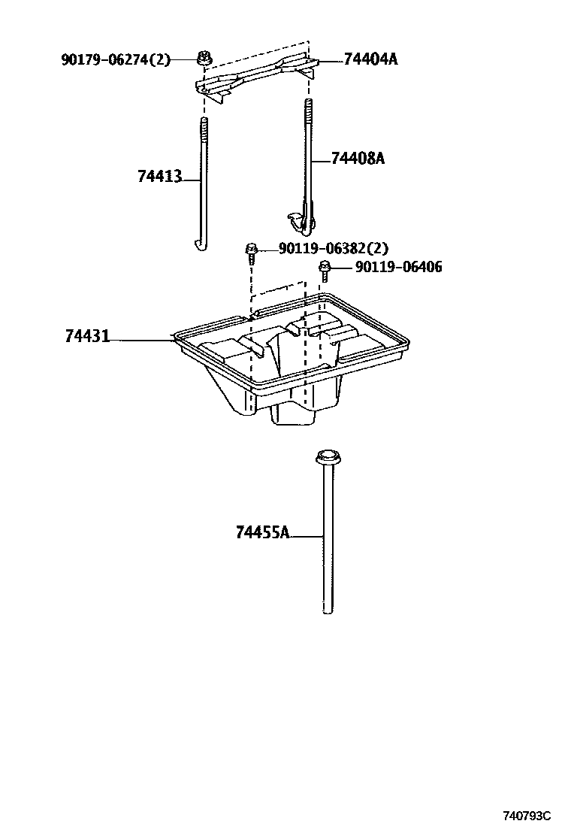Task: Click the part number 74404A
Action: pos(370,59)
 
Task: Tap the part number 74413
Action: pos(159,176)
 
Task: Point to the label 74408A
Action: pos(358,159)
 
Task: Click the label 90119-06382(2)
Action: pos(333,249)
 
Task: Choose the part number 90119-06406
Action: pos(398,267)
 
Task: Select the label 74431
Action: pos(87,338)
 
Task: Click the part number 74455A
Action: pos(262,533)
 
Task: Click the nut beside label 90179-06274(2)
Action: pos(204,56)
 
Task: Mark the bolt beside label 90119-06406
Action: pos(325,268)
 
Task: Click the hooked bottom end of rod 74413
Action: pos(200,244)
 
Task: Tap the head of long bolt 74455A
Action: pos(326,456)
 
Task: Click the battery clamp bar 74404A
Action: pos(255,75)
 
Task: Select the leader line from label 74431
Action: pos(143,341)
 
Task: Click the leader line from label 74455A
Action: pos(307,536)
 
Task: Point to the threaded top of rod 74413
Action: pos(204,132)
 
